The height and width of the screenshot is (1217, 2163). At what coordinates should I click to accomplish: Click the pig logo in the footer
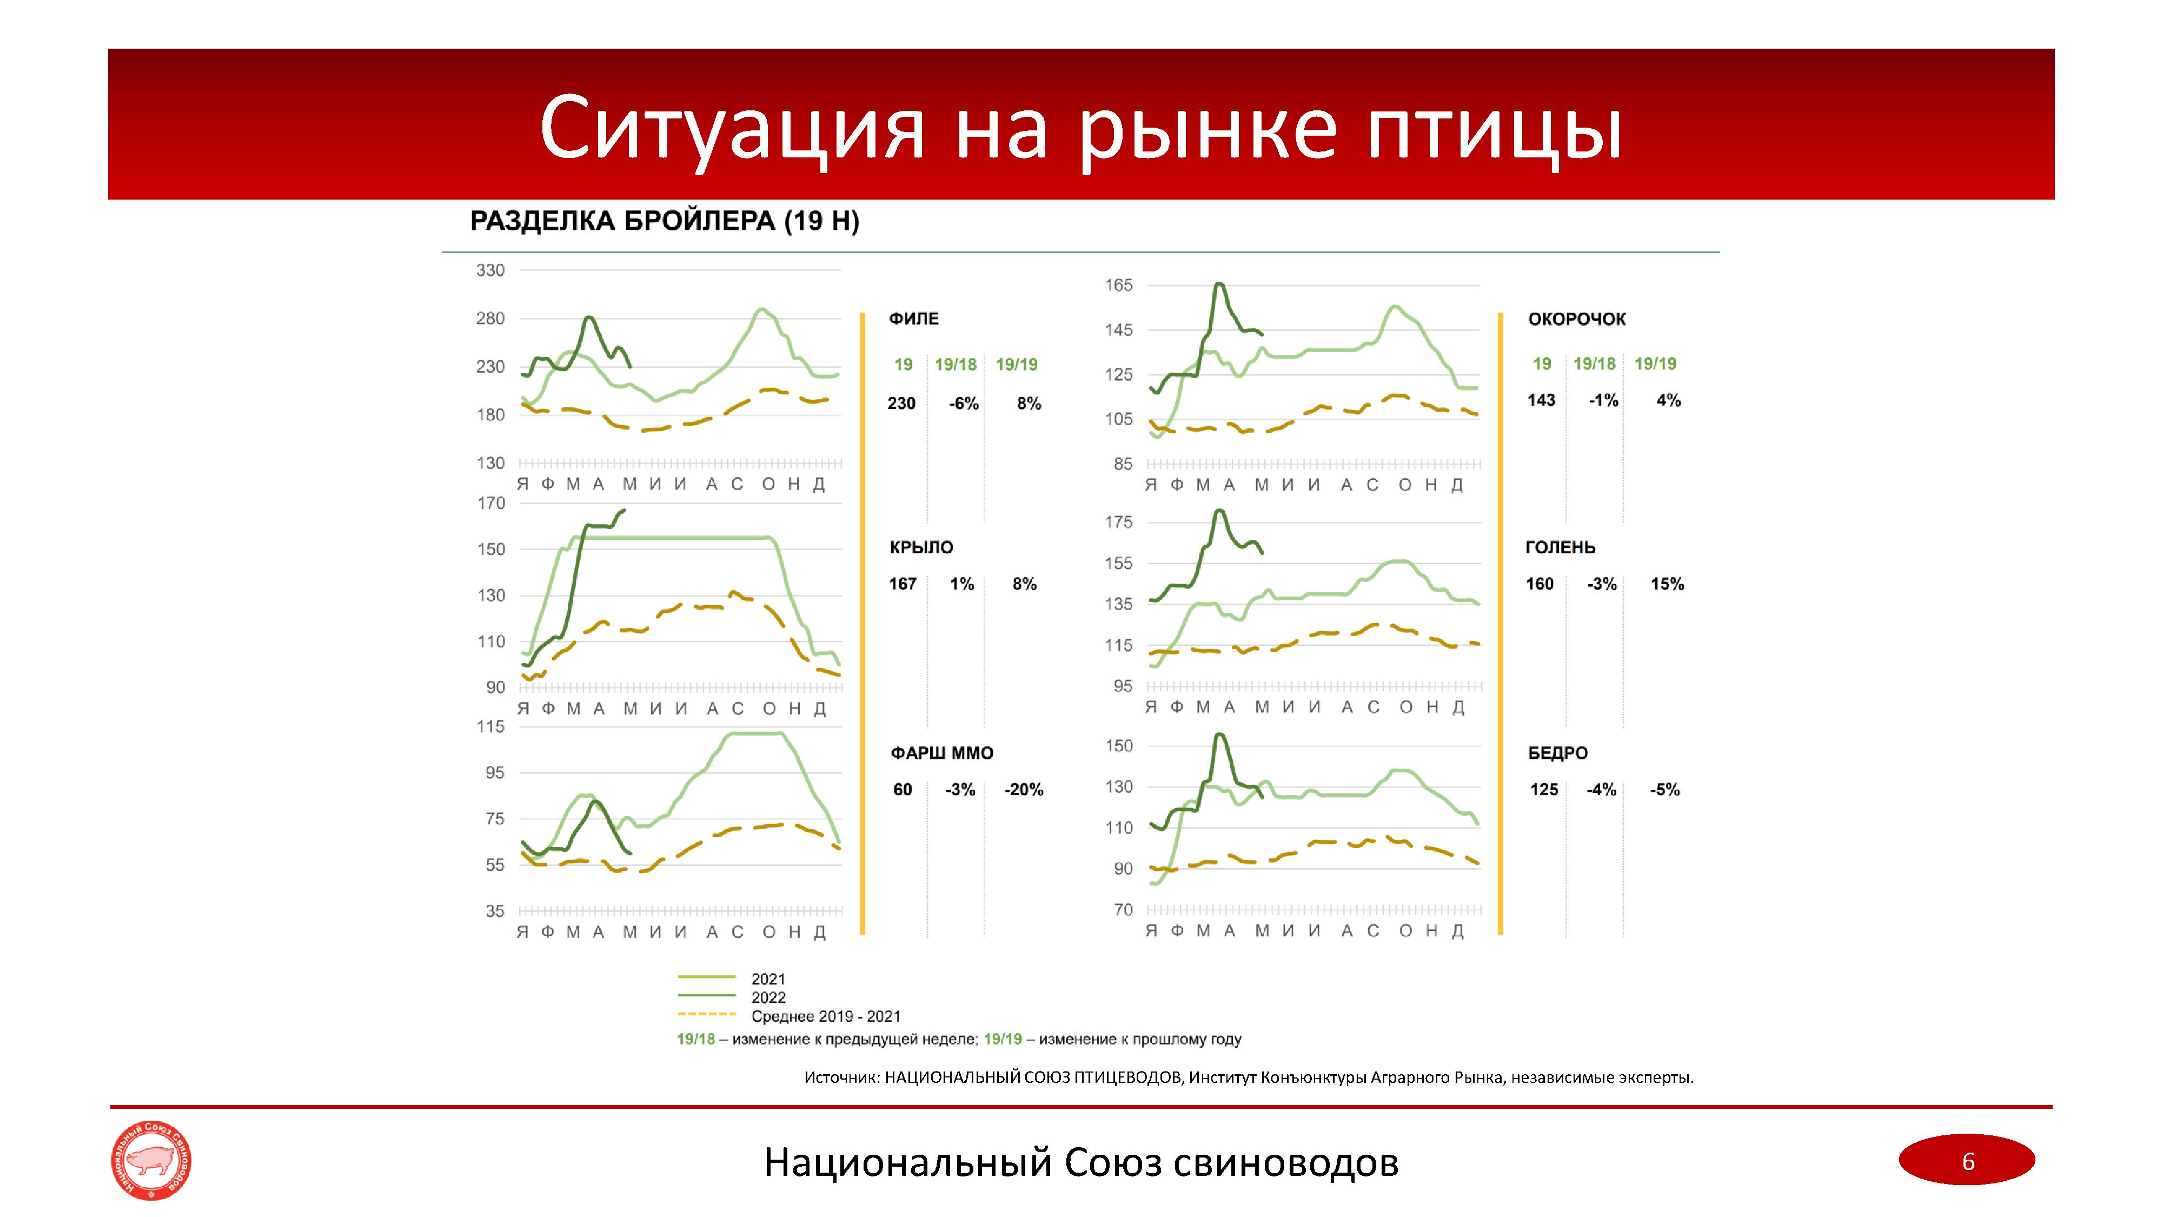pyautogui.click(x=151, y=1161)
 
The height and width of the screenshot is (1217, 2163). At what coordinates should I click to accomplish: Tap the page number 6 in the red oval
pyautogui.click(x=1967, y=1161)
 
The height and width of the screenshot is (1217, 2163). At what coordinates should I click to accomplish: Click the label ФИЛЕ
pyautogui.click(x=913, y=319)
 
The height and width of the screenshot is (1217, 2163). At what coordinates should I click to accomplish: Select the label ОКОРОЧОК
pyautogui.click(x=1576, y=319)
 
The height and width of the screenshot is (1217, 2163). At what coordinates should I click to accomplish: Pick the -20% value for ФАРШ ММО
pyautogui.click(x=1024, y=790)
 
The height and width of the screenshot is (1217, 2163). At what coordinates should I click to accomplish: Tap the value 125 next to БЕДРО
pyautogui.click(x=1543, y=790)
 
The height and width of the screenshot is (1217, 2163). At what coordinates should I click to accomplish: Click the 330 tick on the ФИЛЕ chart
pyautogui.click(x=490, y=270)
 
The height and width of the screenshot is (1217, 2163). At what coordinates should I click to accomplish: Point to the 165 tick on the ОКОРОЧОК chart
pyautogui.click(x=1118, y=286)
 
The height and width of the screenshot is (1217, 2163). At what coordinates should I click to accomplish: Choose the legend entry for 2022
pyautogui.click(x=767, y=998)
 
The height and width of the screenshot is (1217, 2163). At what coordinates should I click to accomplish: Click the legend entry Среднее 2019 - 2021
pyautogui.click(x=825, y=1017)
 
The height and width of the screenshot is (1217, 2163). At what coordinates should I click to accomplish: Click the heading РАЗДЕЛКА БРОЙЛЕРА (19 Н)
pyautogui.click(x=664, y=222)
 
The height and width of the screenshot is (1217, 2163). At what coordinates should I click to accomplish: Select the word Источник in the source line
pyautogui.click(x=840, y=1077)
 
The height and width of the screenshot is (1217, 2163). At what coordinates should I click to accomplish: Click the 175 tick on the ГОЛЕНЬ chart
pyautogui.click(x=1118, y=522)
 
